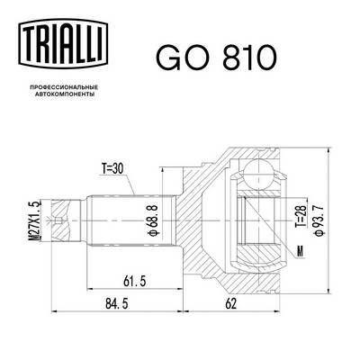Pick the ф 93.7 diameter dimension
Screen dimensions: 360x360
(x=316, y=215)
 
